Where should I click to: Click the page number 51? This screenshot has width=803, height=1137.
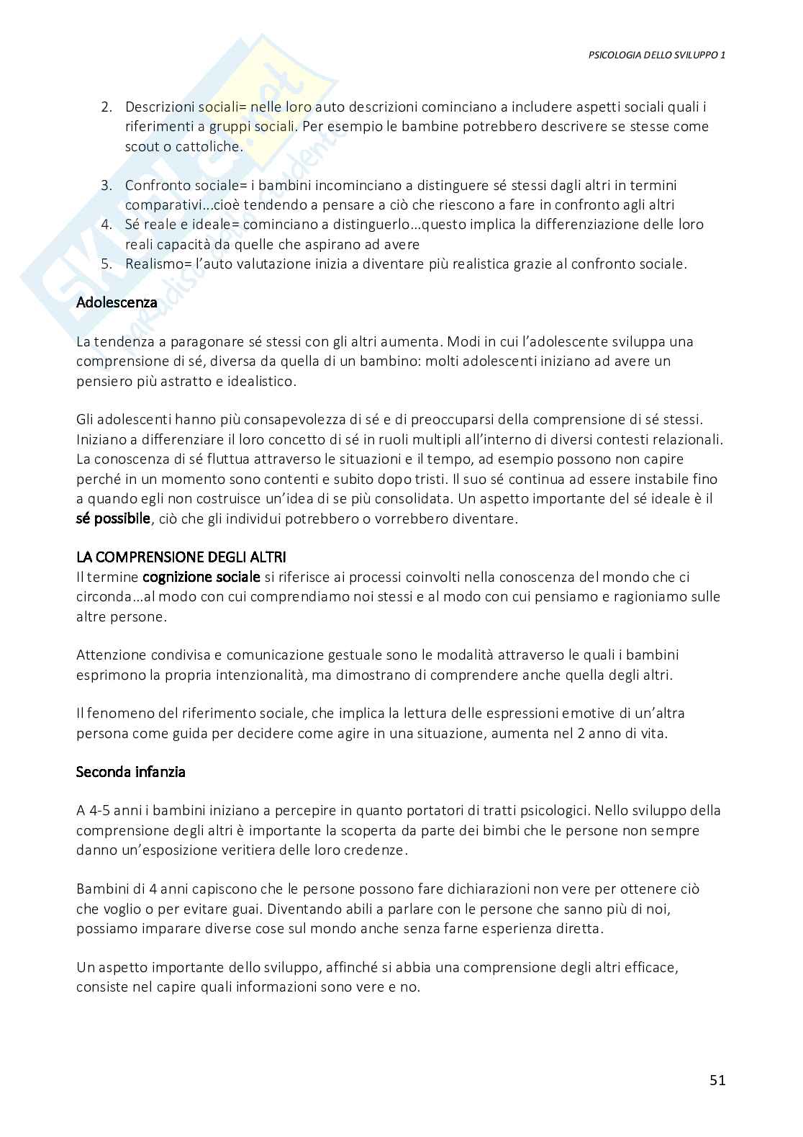(717, 1079)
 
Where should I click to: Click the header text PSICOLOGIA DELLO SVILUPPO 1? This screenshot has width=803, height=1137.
(656, 55)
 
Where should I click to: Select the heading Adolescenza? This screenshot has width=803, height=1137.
(117, 302)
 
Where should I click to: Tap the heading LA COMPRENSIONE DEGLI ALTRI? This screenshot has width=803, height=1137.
(181, 557)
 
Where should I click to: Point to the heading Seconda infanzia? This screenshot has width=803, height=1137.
(131, 772)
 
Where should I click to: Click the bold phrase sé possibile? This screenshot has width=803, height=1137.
(113, 518)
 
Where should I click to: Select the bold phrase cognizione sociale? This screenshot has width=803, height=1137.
(201, 577)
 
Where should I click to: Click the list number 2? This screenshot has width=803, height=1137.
(106, 107)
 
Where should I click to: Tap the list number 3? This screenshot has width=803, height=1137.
(106, 186)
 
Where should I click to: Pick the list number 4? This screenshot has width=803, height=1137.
(106, 225)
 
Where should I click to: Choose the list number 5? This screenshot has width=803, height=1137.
(106, 264)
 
